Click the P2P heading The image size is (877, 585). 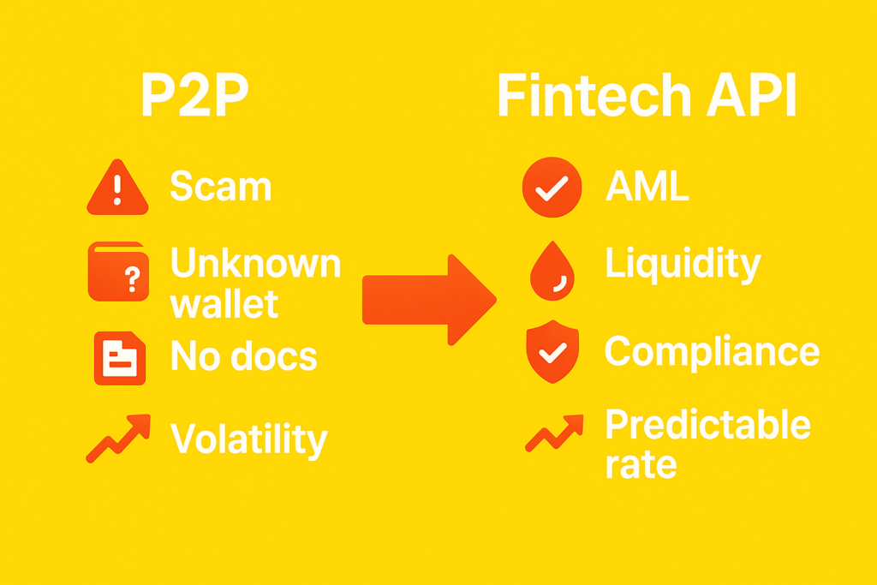[194, 94]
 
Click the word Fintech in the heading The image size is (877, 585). [594, 95]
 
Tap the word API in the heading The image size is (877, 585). [752, 95]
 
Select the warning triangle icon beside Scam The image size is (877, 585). [117, 187]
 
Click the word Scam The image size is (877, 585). [221, 186]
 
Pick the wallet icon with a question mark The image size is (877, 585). [118, 272]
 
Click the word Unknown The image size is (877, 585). [255, 262]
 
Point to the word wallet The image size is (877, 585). [224, 304]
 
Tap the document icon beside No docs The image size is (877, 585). [120, 359]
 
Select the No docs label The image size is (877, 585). [244, 355]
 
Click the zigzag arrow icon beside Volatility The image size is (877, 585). [118, 439]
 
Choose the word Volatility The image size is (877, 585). [249, 440]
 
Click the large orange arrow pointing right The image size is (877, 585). [430, 300]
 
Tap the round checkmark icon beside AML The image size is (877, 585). [552, 188]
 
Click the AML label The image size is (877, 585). [647, 185]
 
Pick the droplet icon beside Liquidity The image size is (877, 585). [552, 272]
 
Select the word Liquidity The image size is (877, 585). [683, 265]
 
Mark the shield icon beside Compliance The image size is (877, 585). [552, 352]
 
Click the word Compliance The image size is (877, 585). [712, 352]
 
